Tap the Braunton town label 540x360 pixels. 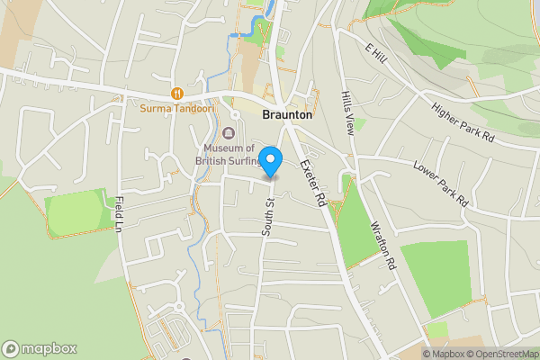[x=287, y=116]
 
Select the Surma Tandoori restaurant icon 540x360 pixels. [x=177, y=93]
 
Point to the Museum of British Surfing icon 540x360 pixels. [x=229, y=133]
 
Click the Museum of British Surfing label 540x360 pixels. [x=229, y=155]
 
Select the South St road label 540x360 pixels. [x=267, y=216]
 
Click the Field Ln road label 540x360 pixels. [x=118, y=214]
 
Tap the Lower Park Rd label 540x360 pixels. [x=441, y=182]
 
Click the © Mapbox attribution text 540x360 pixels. [x=444, y=353]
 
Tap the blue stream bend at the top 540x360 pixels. [x=238, y=33]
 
